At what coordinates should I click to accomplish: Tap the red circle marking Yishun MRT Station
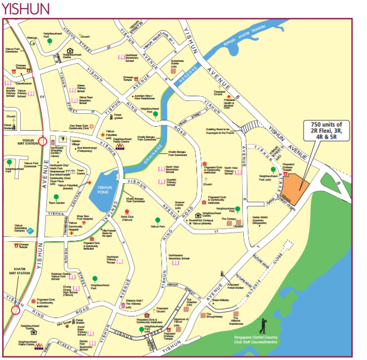click(42, 141)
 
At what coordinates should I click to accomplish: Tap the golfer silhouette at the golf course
click(263, 326)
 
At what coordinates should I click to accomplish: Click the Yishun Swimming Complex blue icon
click(30, 231)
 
